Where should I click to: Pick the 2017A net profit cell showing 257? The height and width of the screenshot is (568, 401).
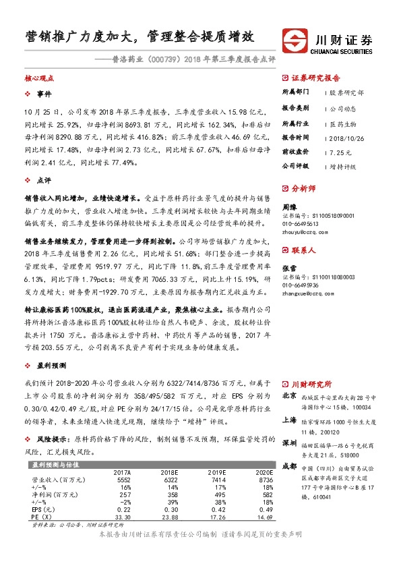(123, 494)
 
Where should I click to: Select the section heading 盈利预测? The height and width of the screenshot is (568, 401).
(51, 364)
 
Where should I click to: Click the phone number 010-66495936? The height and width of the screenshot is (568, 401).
(303, 285)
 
